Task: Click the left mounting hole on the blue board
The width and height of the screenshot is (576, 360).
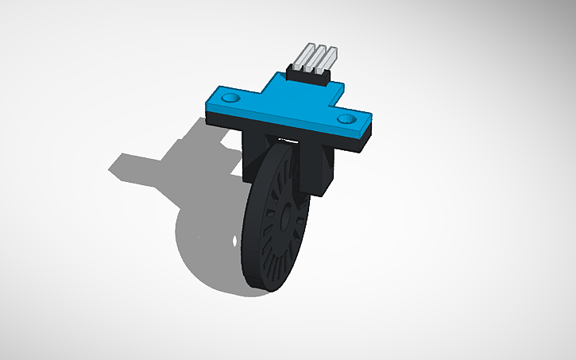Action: [x=231, y=98]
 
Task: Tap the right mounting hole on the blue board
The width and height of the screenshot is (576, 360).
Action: [x=346, y=118]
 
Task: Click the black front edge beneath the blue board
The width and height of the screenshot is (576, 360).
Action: [x=286, y=130]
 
